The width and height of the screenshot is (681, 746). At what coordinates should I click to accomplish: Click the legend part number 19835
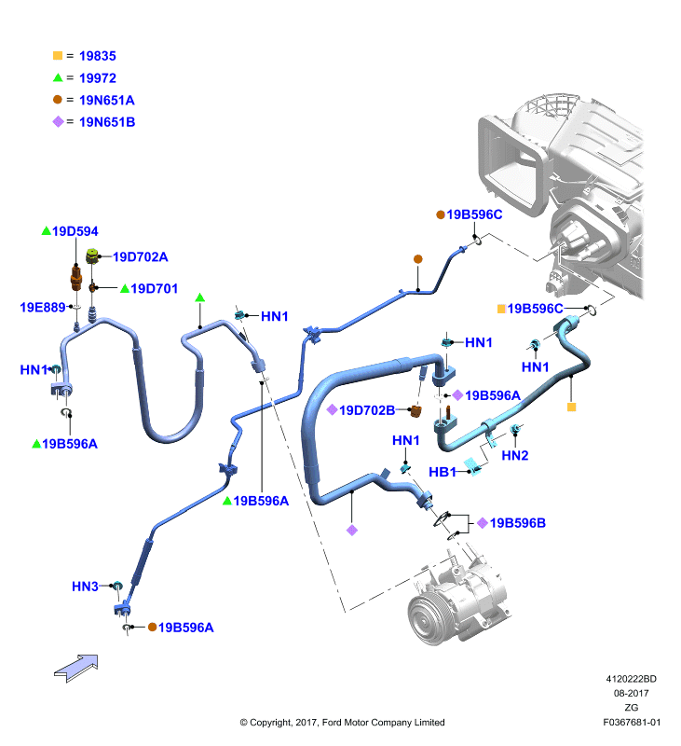pos(98,56)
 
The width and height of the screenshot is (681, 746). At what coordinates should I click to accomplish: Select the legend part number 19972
pos(98,78)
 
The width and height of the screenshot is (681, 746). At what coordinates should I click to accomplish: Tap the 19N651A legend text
pos(107,101)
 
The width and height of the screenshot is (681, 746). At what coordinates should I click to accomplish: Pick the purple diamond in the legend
pos(58,122)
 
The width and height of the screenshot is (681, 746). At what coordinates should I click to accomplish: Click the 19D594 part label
pos(75,231)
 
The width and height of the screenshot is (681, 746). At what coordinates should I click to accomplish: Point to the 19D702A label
pos(140,257)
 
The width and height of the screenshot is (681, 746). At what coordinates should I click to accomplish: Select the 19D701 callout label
pos(154,289)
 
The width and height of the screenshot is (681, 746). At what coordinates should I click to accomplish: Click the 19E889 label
pos(42,308)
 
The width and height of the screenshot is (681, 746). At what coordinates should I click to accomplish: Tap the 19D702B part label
pos(367,410)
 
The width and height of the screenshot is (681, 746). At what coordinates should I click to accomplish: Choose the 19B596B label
pos(518,523)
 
